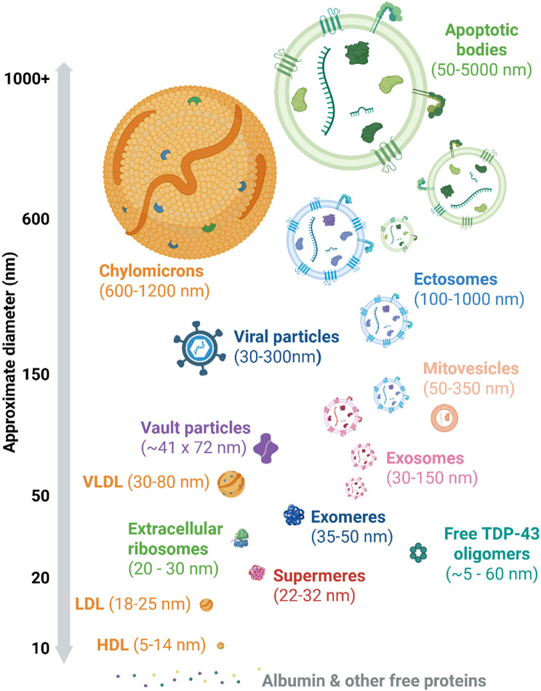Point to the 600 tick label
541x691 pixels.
coord(34,219)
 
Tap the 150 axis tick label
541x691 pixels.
coord(34,374)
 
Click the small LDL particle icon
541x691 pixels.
coord(207,604)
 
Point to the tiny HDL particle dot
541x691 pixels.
coord(220,644)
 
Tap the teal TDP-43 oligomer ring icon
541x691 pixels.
coord(418,553)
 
